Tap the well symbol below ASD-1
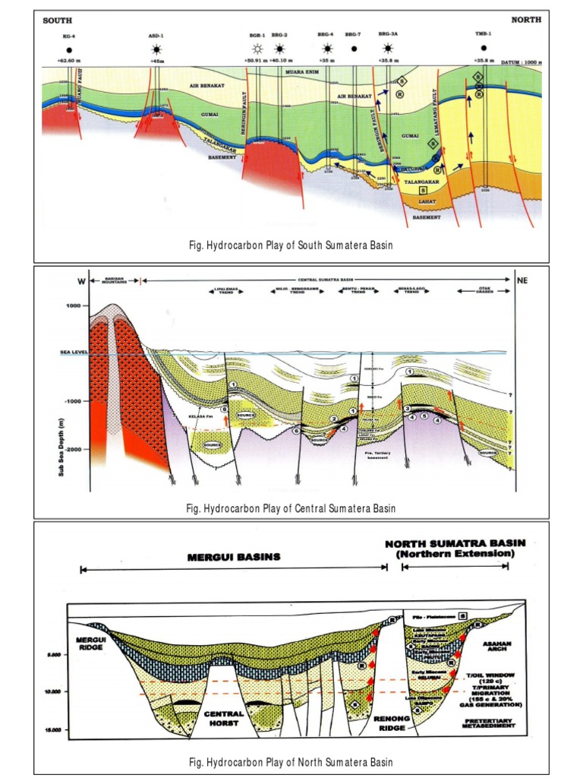tap(156, 49)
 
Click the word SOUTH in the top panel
tap(57, 21)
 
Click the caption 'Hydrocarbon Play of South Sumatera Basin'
tap(291, 246)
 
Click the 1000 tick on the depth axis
tap(73, 306)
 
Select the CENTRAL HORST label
tap(224, 718)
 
